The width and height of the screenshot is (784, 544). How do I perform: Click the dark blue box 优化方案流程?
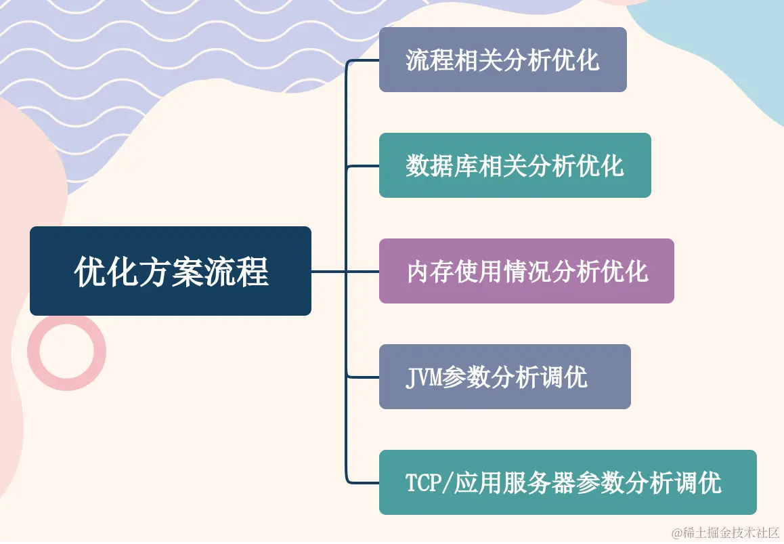click(170, 271)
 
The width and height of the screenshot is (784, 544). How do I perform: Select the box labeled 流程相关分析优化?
click(502, 60)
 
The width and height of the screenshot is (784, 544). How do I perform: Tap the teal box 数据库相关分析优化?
click(515, 165)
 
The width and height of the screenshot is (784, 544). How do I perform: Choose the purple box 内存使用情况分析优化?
click(526, 271)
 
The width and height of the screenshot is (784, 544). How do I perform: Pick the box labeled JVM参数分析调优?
click(504, 377)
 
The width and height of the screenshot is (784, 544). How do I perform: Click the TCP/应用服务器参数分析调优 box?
click(567, 482)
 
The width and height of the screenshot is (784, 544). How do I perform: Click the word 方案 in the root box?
click(171, 271)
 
